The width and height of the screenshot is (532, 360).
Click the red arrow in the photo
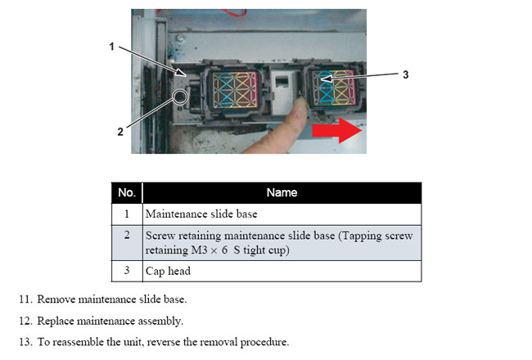[337, 130]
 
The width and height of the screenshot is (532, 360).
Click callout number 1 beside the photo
[111, 47]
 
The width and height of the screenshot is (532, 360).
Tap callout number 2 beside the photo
[120, 132]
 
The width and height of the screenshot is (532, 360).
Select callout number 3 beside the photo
[405, 74]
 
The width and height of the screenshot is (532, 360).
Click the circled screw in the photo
[180, 97]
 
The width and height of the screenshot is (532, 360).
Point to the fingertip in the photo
[300, 103]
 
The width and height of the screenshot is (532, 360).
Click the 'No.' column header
[127, 193]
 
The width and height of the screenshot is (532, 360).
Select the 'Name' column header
[282, 193]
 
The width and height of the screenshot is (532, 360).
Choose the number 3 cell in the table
[127, 271]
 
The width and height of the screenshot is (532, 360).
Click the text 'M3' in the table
[199, 250]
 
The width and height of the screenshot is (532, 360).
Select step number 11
[25, 299]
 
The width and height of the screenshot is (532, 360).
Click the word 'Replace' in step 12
[56, 321]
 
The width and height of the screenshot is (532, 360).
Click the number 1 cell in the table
[127, 214]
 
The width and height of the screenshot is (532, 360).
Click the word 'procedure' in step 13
[264, 342]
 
